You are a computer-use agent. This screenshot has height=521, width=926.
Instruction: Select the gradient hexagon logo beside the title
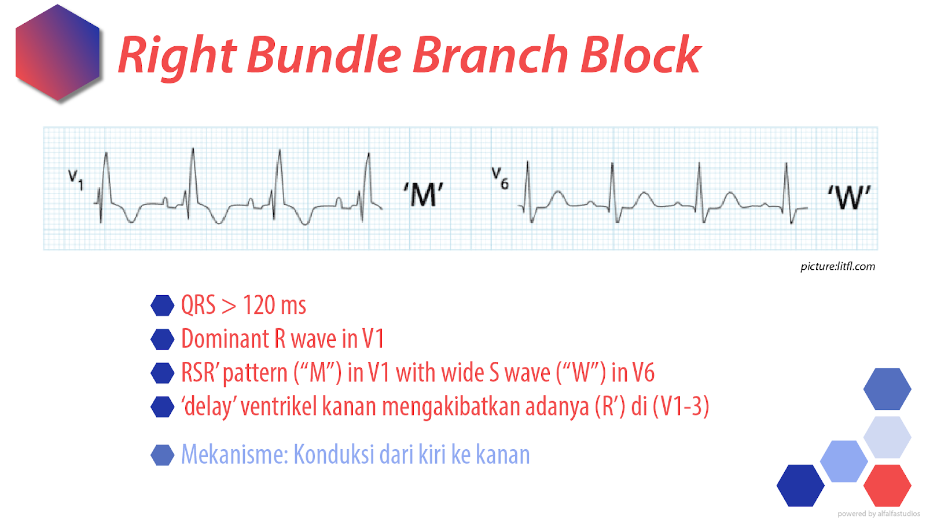58,53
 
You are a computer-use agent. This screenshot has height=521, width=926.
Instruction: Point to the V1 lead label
76,179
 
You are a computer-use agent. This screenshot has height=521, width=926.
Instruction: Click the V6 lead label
500,178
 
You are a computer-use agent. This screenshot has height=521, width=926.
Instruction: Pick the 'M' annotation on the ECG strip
424,195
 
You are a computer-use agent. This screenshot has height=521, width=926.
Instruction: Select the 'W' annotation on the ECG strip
848,197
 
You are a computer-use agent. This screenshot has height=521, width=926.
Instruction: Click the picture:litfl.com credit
837,266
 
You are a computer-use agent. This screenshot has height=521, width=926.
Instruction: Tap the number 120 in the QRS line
259,305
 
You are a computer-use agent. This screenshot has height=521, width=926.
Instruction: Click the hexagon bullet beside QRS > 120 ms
163,306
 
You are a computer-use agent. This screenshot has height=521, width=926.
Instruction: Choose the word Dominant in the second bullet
225,339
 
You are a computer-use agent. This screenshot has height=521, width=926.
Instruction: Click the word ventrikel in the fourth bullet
278,406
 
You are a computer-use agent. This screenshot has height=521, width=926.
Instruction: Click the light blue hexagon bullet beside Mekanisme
163,455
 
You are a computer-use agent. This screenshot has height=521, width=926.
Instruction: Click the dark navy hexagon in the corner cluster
800,485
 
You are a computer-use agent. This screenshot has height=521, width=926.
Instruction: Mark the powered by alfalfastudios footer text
879,513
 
